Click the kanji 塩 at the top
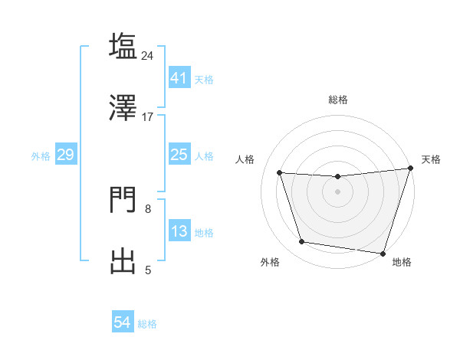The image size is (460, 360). coord(123,46)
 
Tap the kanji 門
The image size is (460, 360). coord(123,201)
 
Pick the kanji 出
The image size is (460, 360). coord(123,260)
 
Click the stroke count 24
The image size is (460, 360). coord(148,55)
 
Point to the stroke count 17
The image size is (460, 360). coord(148,116)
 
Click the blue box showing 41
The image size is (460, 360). coord(179,77)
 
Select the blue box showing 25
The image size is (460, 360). coord(179,155)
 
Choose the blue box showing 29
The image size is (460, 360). coord(65,155)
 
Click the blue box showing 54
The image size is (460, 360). coord(122,323)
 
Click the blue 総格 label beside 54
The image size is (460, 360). coord(147,324)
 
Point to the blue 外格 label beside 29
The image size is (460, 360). coord(41,155)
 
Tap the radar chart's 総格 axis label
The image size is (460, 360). coord(337,100)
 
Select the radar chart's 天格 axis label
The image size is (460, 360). coord(431,159)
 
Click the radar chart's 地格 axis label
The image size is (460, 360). coord(402,263)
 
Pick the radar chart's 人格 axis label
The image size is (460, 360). coord(245,159)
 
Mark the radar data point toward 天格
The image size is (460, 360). coord(410,169)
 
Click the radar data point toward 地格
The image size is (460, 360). coord(383,253)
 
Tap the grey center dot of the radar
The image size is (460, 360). coord(337,191)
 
